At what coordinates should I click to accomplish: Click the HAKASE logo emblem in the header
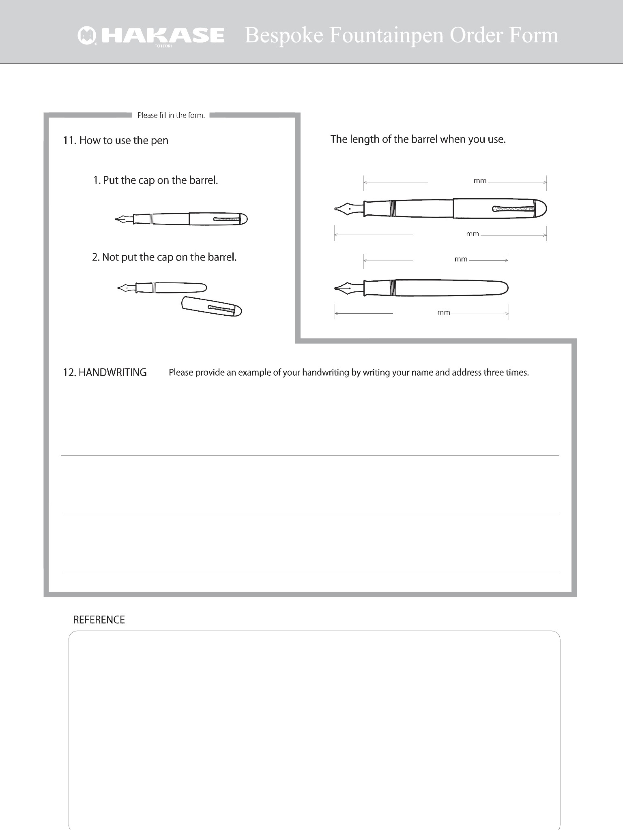(x=87, y=36)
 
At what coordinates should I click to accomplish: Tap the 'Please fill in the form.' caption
(x=171, y=116)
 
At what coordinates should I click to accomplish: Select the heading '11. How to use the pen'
(x=116, y=141)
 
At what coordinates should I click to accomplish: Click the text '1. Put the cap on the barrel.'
(x=156, y=180)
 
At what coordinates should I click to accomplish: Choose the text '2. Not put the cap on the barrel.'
(x=164, y=257)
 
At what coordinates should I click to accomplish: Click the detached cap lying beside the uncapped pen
(x=212, y=306)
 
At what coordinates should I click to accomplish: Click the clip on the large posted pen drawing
(x=513, y=209)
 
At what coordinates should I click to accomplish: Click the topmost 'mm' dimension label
(x=480, y=181)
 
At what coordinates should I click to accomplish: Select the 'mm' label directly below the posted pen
(x=473, y=234)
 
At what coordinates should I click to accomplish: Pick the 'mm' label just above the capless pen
(x=461, y=259)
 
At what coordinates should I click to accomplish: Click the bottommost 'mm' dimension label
(x=444, y=313)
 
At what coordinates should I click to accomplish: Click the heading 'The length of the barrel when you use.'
(x=418, y=139)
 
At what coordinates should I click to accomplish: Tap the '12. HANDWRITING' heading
(x=105, y=372)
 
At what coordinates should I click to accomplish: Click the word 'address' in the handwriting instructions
(x=467, y=372)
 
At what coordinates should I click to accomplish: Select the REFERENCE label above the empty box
(x=99, y=620)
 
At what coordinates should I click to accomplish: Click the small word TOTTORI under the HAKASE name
(x=162, y=46)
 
